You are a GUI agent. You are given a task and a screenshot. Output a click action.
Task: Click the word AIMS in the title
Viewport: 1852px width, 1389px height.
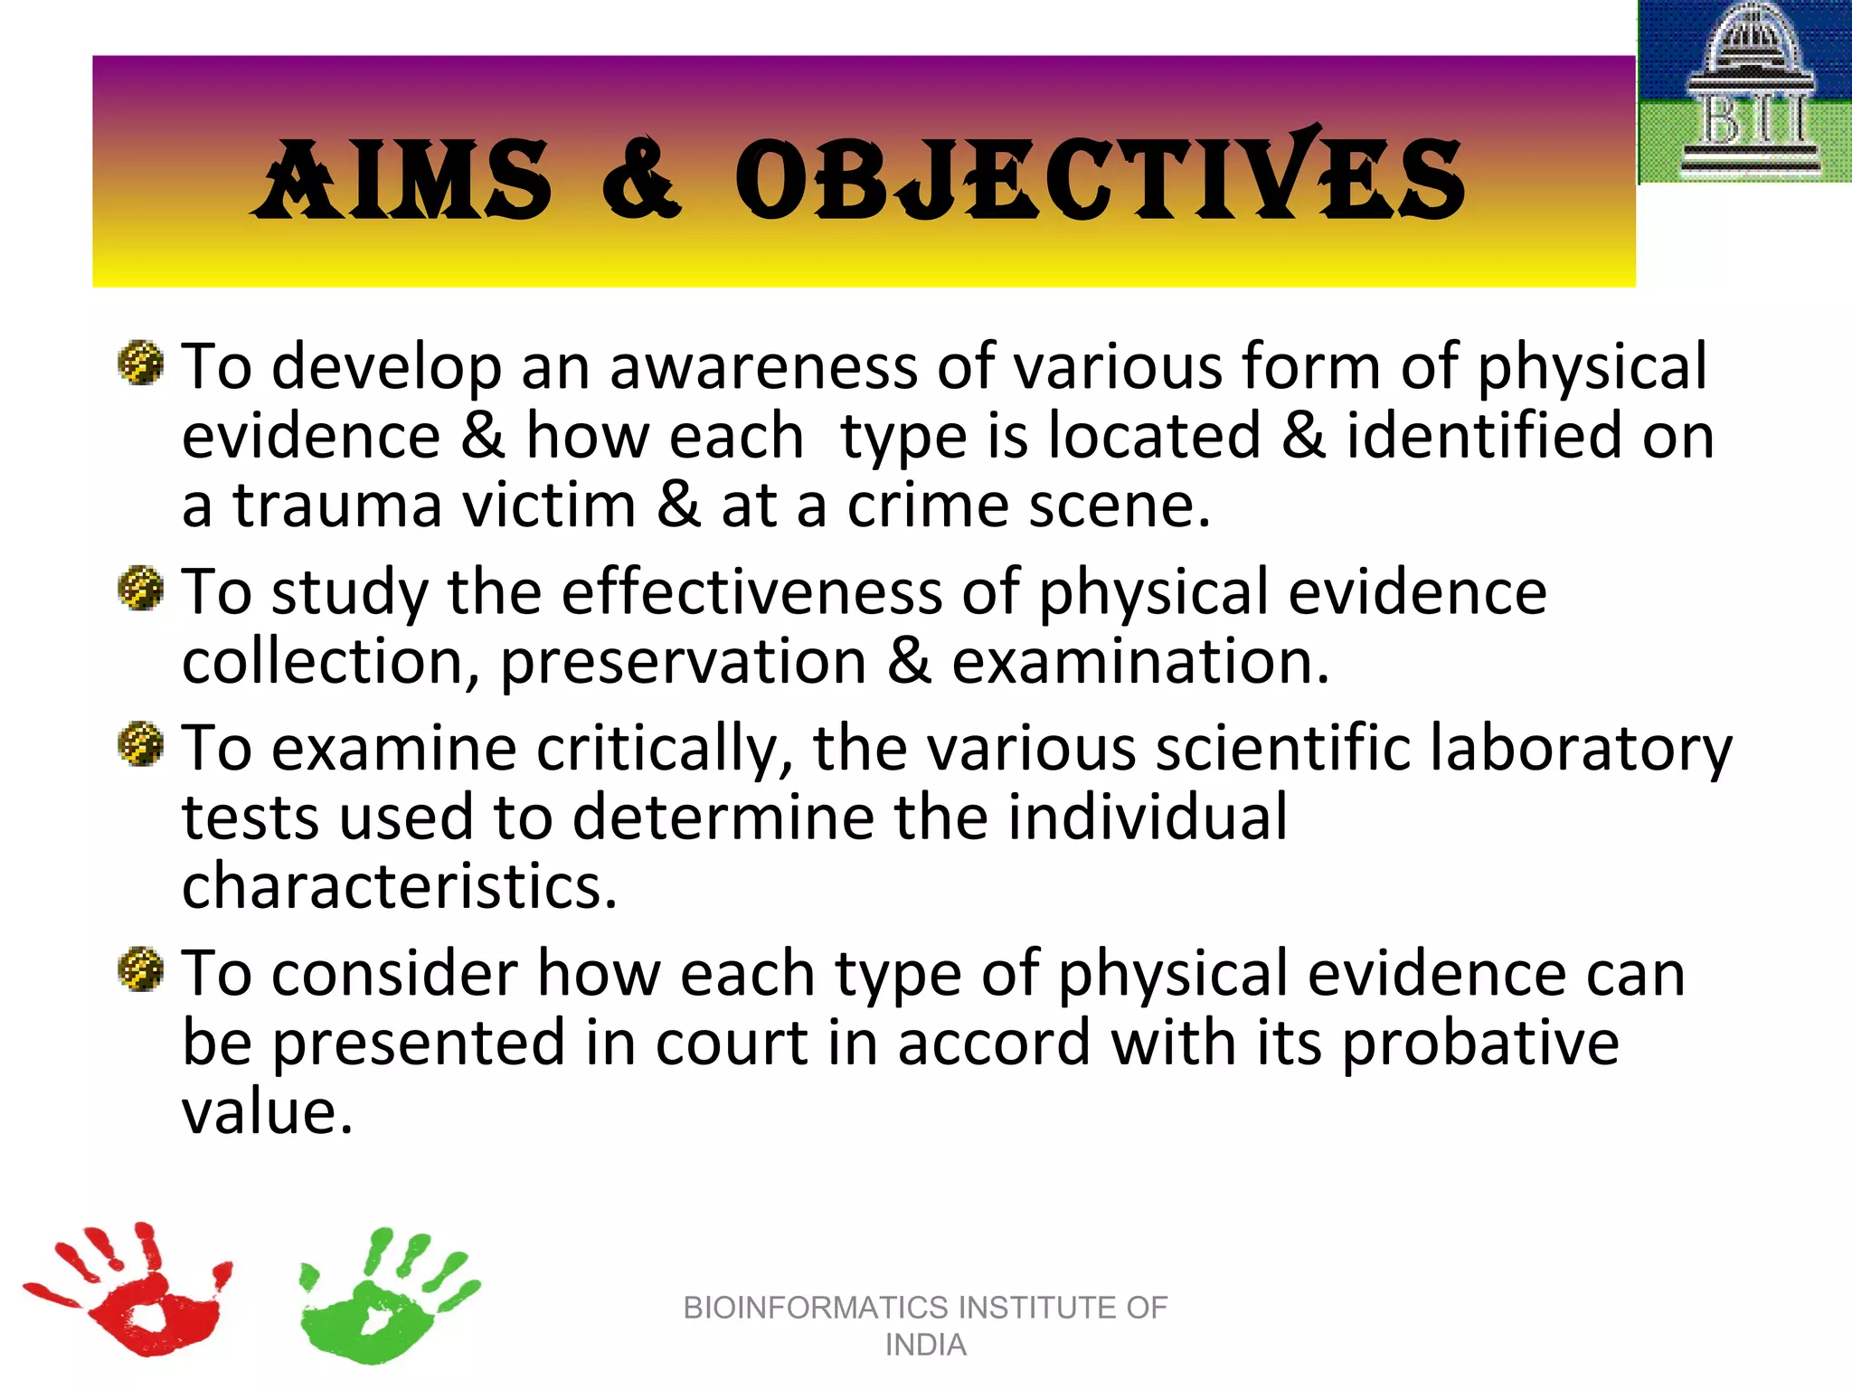coord(404,180)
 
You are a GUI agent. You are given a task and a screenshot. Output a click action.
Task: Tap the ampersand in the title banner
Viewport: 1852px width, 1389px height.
coord(640,180)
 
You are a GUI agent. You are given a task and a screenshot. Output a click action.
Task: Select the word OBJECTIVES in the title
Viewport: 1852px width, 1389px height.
coord(1098,180)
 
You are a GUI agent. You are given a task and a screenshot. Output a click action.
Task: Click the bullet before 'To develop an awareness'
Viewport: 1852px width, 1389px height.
coord(141,364)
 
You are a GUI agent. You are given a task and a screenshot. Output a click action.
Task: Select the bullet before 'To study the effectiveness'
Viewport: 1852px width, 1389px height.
coord(141,589)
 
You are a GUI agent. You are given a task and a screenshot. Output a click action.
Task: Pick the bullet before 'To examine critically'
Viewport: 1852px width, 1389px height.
coord(141,744)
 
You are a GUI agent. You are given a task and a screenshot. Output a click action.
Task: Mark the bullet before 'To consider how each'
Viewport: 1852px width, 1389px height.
coord(141,969)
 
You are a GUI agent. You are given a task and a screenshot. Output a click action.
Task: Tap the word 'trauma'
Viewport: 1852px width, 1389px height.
coord(337,506)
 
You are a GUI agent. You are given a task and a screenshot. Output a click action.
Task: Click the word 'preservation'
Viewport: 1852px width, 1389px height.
coord(684,663)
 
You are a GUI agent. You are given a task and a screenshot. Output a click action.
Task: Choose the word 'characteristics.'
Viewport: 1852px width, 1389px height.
coord(399,887)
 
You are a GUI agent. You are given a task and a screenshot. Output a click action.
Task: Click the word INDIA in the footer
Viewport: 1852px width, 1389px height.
coord(925,1346)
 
